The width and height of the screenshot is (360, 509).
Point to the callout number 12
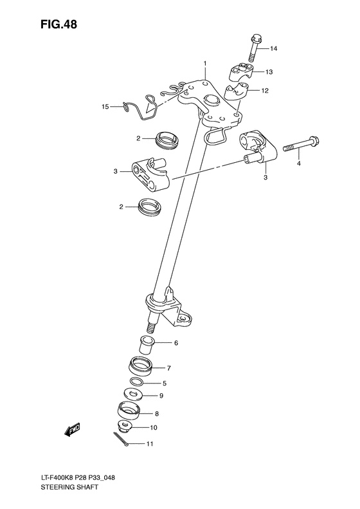[x=264, y=91]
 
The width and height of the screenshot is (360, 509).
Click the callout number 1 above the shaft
[x=205, y=64]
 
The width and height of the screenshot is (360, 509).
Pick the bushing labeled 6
[x=147, y=344]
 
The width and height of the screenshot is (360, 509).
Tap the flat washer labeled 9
[x=132, y=396]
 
